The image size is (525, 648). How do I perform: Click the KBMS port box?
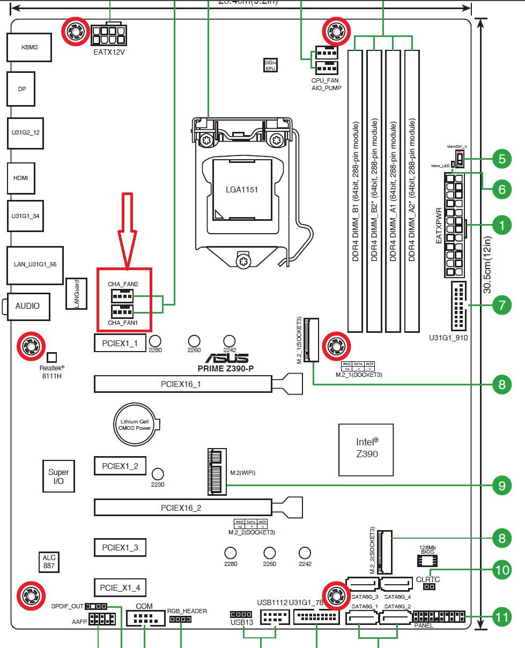29,47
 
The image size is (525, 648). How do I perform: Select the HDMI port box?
21,178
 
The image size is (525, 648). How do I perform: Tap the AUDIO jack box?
27,306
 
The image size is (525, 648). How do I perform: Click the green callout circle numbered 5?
501,159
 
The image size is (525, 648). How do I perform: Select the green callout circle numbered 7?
501,306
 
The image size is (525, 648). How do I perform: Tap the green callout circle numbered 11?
501,617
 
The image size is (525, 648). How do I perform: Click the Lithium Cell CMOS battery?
135,424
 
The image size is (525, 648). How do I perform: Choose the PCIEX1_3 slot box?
120,548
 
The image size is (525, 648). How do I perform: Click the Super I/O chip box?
58,476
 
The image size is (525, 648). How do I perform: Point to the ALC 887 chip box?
49,561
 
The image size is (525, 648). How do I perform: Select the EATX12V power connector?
110,36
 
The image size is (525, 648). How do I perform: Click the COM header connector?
145,620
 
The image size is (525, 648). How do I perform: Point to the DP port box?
21,89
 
